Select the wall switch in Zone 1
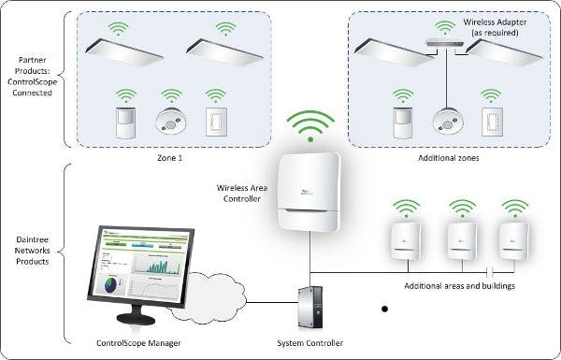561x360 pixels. pos(217,122)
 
